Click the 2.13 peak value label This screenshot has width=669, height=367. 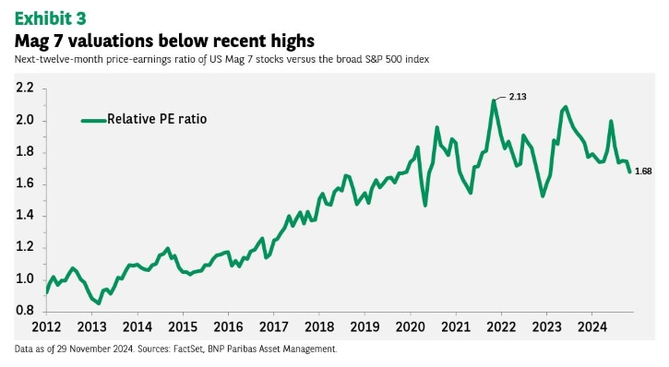[518, 97]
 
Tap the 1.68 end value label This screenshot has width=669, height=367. [643, 172]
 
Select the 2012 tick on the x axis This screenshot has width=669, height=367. [46, 327]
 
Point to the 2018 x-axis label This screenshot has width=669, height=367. [319, 327]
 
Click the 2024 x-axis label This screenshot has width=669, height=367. [592, 327]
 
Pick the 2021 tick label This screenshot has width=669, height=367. [456, 327]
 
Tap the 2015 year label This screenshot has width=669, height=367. [183, 327]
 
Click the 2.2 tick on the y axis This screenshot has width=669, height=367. [24, 89]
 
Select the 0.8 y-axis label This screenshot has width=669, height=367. [24, 311]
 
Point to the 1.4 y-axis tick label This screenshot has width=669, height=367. [24, 215]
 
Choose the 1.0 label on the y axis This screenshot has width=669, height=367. [24, 278]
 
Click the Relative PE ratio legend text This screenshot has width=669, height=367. [157, 119]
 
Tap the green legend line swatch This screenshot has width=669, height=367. [94, 121]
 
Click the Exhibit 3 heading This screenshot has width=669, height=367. [51, 18]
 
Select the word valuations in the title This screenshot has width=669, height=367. [112, 41]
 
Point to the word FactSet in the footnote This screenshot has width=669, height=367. [188, 349]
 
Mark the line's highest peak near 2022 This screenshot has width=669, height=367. [494, 101]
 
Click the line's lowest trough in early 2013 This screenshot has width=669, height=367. [99, 303]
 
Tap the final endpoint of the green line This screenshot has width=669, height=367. [629, 172]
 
